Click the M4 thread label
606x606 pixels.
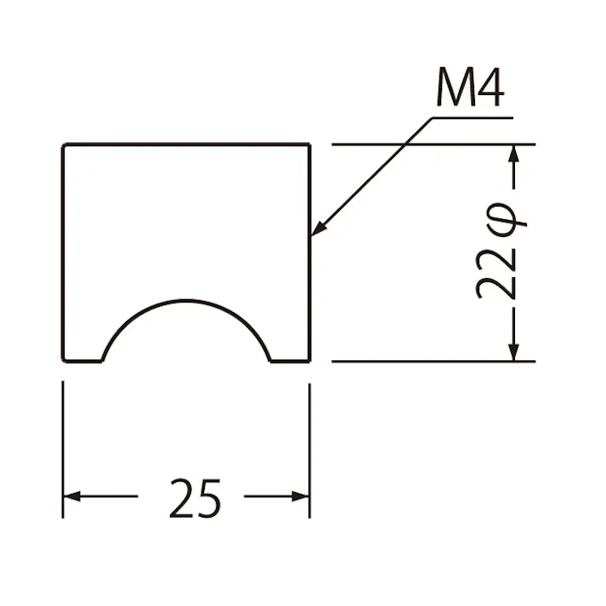pyautogui.click(x=470, y=88)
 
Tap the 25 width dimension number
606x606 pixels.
pyautogui.click(x=195, y=498)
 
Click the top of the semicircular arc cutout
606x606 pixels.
pyautogui.click(x=186, y=300)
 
